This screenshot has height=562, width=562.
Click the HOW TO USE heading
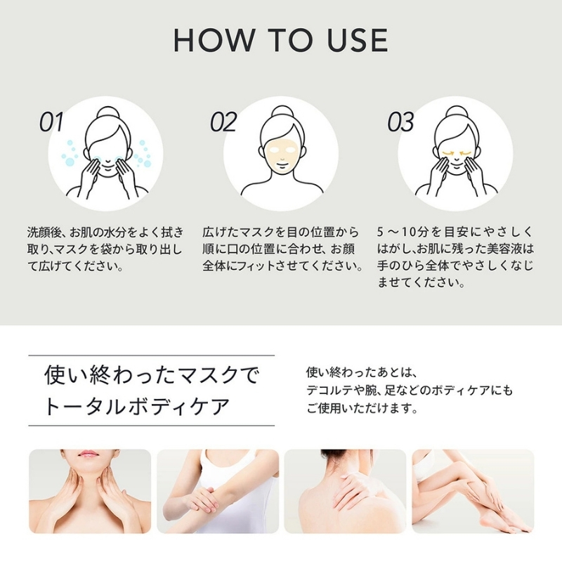tap(280, 41)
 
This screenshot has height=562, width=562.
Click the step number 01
tap(51, 122)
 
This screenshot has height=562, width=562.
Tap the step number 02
tap(223, 122)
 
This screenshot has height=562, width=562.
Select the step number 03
tap(400, 122)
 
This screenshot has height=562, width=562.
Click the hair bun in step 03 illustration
tap(456, 112)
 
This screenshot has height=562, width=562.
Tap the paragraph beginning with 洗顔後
tap(105, 249)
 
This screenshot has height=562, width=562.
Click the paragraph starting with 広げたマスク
tap(281, 249)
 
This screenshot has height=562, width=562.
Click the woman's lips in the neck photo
tap(89, 455)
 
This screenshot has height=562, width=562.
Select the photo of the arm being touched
tap(217, 491)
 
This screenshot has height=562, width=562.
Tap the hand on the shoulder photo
tap(351, 492)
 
